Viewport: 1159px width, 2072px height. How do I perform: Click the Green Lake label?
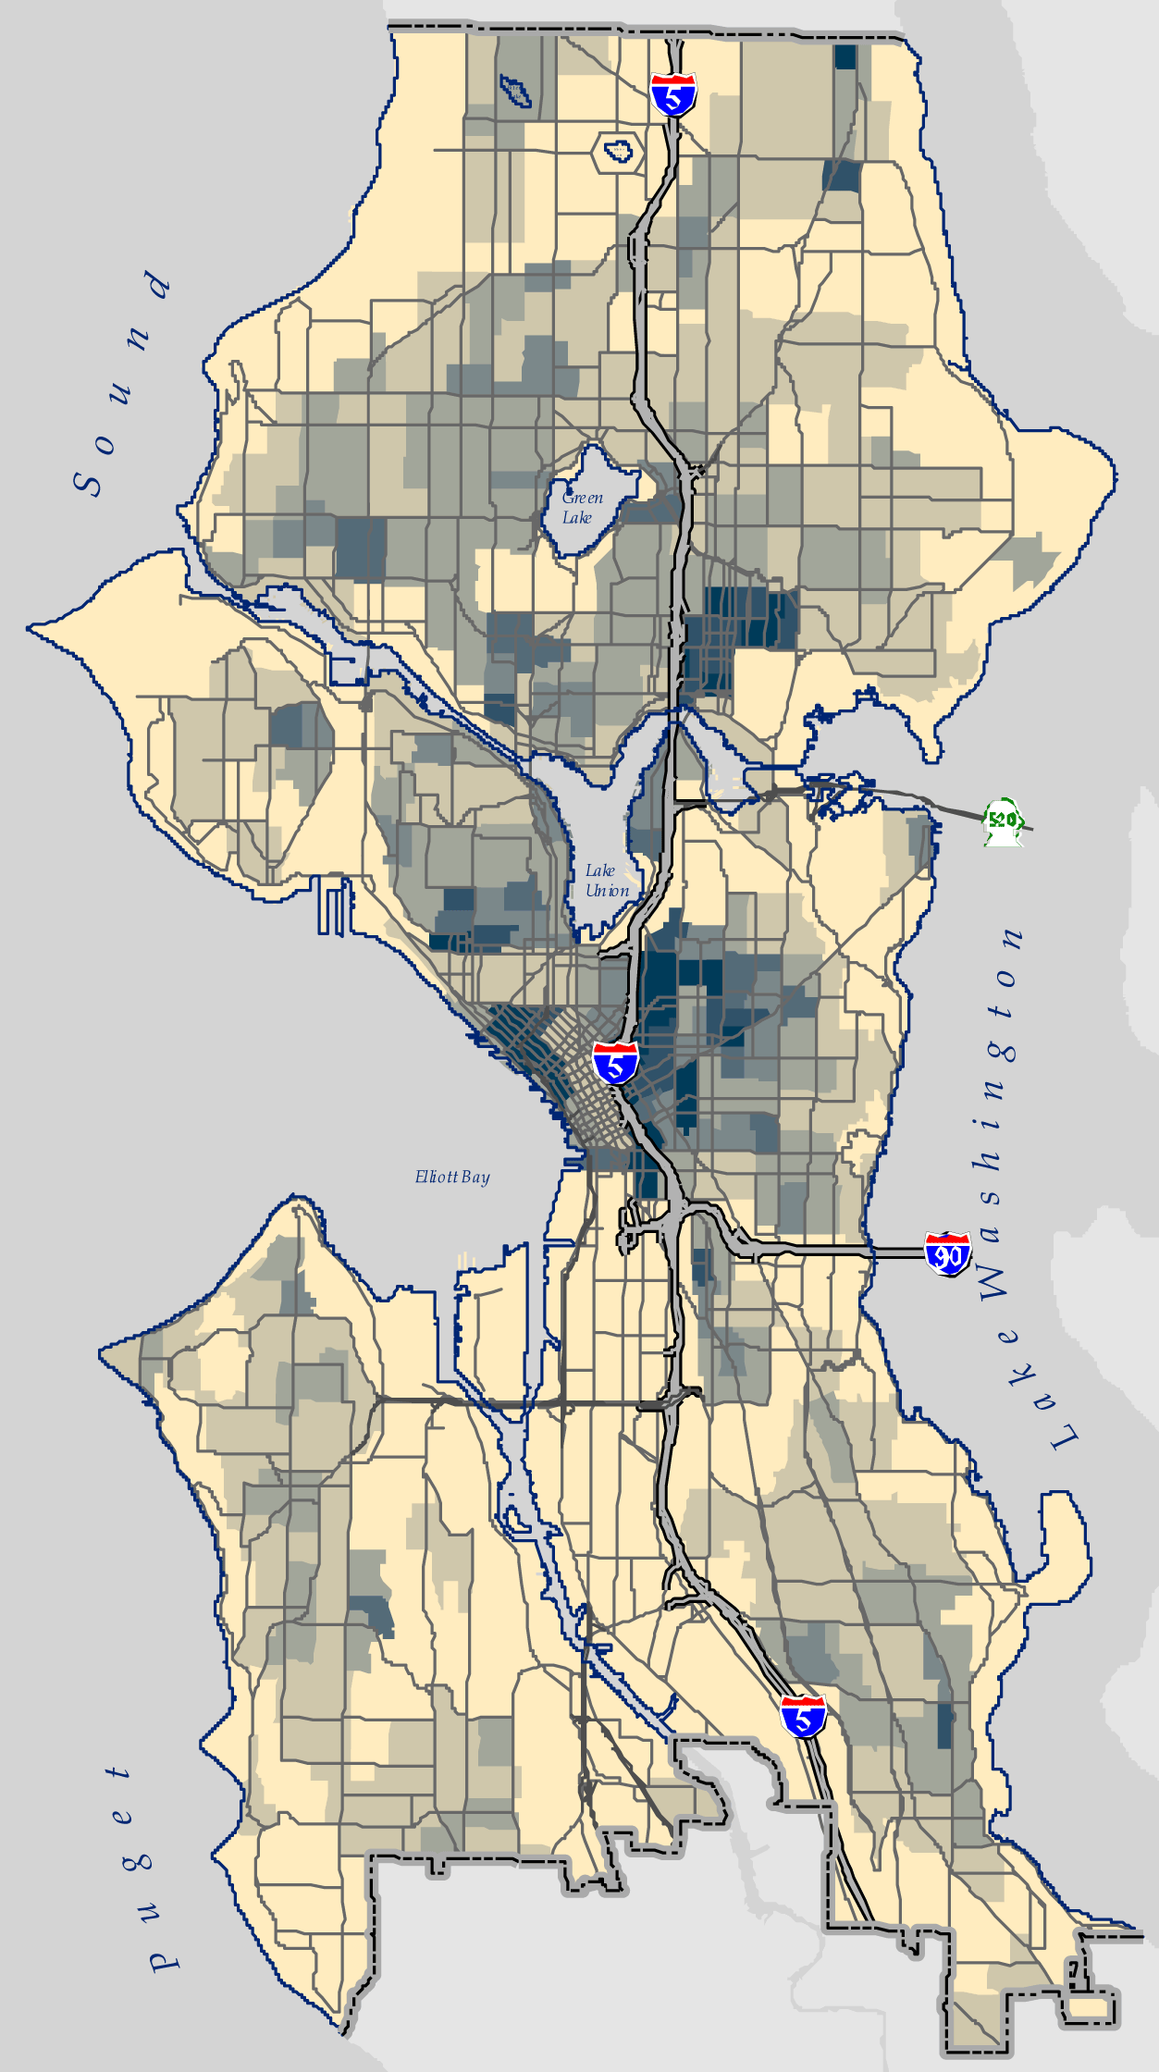pyautogui.click(x=582, y=508)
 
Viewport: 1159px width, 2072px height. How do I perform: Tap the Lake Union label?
pyautogui.click(x=606, y=881)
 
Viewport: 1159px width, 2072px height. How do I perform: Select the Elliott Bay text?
pyautogui.click(x=452, y=1177)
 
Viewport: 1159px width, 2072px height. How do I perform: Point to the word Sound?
pyautogui.click(x=120, y=384)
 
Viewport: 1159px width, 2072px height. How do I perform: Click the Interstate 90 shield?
pyautogui.click(x=947, y=1252)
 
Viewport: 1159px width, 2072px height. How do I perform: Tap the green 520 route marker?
pyautogui.click(x=1003, y=820)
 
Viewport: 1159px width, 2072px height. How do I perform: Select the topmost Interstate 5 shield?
pyautogui.click(x=672, y=93)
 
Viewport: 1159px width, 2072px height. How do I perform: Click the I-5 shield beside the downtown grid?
pyautogui.click(x=615, y=1062)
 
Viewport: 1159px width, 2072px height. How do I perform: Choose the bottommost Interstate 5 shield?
pyautogui.click(x=802, y=1716)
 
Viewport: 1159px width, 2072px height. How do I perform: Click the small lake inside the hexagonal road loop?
pyautogui.click(x=618, y=149)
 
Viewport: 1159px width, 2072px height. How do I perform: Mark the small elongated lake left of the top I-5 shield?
pyautogui.click(x=514, y=90)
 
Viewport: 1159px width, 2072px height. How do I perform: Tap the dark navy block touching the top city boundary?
pyautogui.click(x=845, y=56)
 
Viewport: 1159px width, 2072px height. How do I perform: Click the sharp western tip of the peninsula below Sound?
pyautogui.click(x=32, y=629)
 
